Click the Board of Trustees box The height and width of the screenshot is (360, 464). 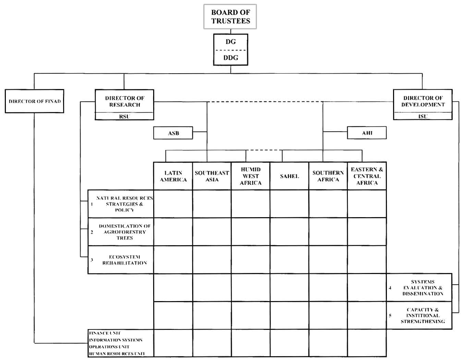point(230,16)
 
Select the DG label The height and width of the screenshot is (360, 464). point(231,42)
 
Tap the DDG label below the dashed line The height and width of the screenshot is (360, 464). point(231,58)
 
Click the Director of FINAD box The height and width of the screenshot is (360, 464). point(35,101)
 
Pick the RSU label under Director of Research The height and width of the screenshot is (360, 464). point(124,116)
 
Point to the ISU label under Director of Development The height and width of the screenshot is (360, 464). point(423,116)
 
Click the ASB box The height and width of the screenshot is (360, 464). point(173,133)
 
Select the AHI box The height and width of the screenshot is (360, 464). point(367,133)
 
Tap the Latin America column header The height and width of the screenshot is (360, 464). point(173,176)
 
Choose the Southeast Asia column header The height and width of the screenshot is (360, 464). point(212,176)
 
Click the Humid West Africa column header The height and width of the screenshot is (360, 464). point(251,176)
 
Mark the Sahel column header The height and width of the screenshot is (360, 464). point(289,176)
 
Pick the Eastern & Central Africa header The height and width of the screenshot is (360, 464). point(367,176)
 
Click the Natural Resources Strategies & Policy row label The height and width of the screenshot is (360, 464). point(124,204)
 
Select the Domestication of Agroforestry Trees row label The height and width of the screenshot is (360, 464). point(124,232)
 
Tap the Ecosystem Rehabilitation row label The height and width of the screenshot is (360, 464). point(124,260)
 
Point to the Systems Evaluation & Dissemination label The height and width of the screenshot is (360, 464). point(423,288)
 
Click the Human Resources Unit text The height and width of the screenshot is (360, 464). point(117,353)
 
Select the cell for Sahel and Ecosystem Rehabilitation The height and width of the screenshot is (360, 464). point(289,260)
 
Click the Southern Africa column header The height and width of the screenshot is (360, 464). point(328,176)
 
